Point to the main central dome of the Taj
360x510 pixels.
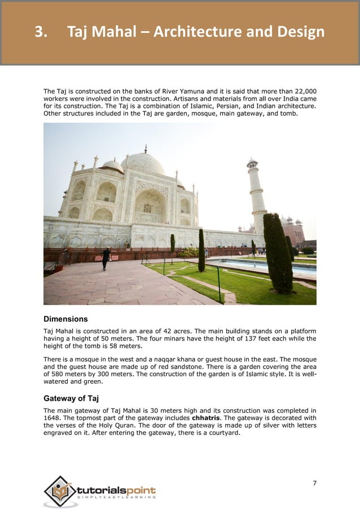click(143, 164)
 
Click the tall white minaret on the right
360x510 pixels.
click(257, 195)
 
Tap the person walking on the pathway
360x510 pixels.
click(106, 258)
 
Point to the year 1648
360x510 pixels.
click(52, 419)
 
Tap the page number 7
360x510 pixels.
click(314, 482)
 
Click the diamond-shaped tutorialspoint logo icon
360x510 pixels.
click(59, 490)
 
